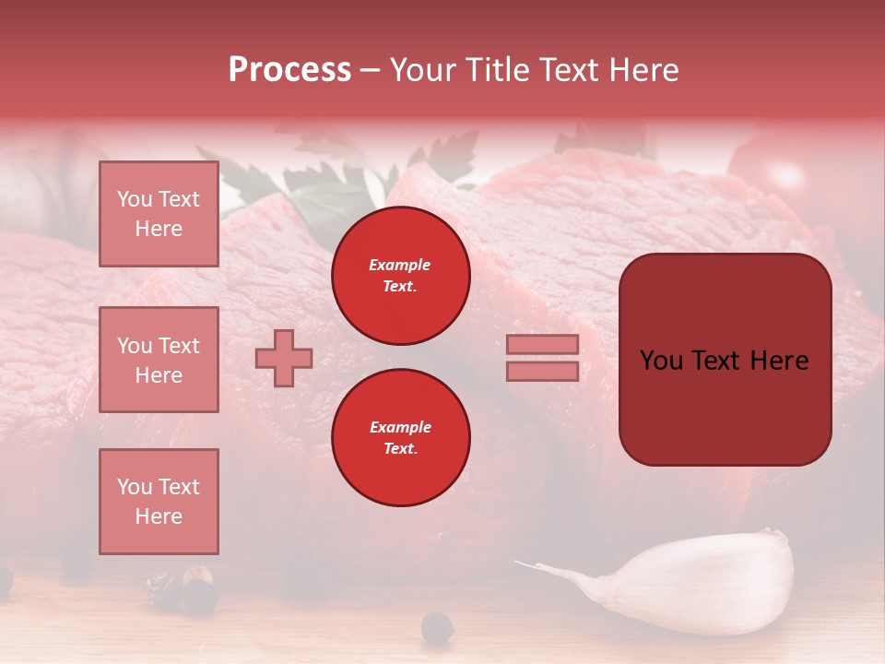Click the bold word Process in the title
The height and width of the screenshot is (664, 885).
pyautogui.click(x=289, y=70)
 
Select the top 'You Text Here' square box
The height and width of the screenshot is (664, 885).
pyautogui.click(x=159, y=214)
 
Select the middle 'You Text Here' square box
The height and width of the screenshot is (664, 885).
pyautogui.click(x=159, y=360)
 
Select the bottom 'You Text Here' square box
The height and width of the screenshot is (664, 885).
pyautogui.click(x=159, y=502)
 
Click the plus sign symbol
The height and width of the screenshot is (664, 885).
pyautogui.click(x=284, y=358)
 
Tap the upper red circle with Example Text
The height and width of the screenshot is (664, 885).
pyautogui.click(x=400, y=276)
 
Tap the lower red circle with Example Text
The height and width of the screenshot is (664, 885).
pyautogui.click(x=400, y=438)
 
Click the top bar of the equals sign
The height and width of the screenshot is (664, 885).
pyautogui.click(x=542, y=345)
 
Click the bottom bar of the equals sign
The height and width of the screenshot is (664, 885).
pyautogui.click(x=542, y=371)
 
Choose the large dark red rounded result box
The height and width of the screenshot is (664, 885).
pyautogui.click(x=725, y=360)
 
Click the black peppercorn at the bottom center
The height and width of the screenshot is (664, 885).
pyautogui.click(x=437, y=628)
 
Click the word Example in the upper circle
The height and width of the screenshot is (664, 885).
pyautogui.click(x=399, y=265)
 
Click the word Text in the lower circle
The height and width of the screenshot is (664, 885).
pyautogui.click(x=400, y=449)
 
